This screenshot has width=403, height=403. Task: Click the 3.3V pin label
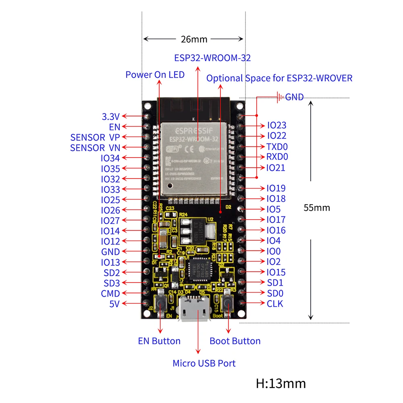(111, 117)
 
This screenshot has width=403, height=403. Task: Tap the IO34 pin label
(110, 158)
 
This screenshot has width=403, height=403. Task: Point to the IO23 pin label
(276, 126)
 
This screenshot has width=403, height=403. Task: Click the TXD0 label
(277, 147)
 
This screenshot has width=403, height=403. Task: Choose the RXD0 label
(277, 157)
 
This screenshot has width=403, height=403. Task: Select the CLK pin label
(275, 303)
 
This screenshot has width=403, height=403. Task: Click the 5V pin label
(114, 304)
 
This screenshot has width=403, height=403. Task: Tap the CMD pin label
(110, 293)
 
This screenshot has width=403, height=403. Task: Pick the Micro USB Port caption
(204, 363)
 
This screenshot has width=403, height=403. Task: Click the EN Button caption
(159, 341)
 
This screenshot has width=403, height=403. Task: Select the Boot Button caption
(235, 341)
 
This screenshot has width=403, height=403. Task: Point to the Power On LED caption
(155, 75)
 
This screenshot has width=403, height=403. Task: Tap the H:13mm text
(280, 383)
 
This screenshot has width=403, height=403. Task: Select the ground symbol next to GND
(278, 97)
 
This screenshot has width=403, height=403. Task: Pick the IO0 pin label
(274, 251)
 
